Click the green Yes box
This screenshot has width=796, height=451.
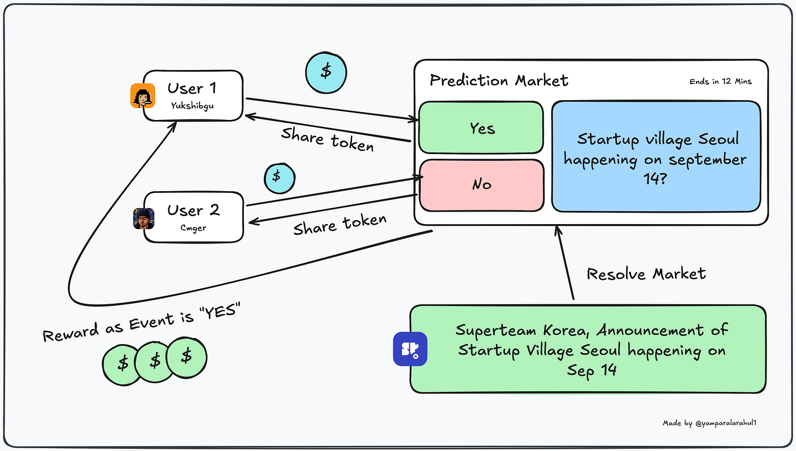pyautogui.click(x=481, y=128)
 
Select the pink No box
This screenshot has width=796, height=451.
pyautogui.click(x=481, y=185)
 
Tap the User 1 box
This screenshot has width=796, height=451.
pyautogui.click(x=193, y=95)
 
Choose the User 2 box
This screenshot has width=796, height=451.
pyautogui.click(x=193, y=217)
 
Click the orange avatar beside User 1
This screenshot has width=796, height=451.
pyautogui.click(x=142, y=96)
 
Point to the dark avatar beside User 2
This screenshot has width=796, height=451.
pyautogui.click(x=143, y=219)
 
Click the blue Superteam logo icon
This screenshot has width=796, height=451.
pyautogui.click(x=410, y=349)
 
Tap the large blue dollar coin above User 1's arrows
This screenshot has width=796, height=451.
pyautogui.click(x=326, y=72)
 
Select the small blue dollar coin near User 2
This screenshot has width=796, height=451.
pyautogui.click(x=279, y=177)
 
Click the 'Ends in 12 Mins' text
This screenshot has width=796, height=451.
pyautogui.click(x=720, y=81)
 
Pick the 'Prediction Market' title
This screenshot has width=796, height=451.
pyautogui.click(x=499, y=81)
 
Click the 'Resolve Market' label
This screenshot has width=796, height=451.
pyautogui.click(x=646, y=274)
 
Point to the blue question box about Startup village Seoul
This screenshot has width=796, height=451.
pyautogui.click(x=656, y=156)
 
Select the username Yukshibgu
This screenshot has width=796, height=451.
pyautogui.click(x=192, y=105)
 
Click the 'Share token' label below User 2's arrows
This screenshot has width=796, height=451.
pyautogui.click(x=339, y=224)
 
